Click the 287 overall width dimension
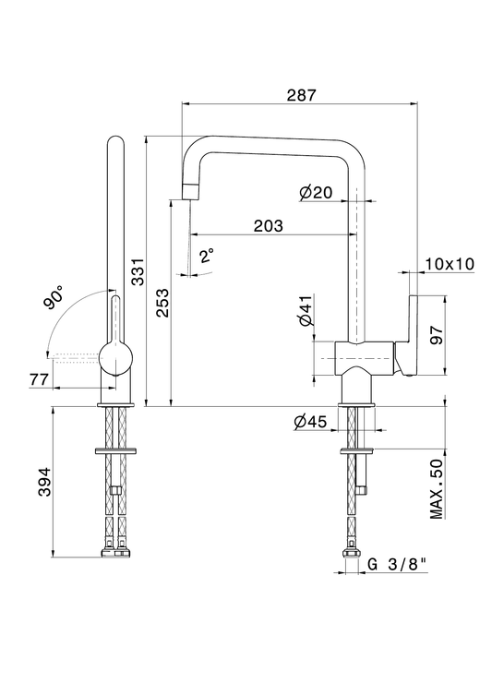coord(302,95)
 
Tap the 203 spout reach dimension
coord(269,225)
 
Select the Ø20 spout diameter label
coord(315,192)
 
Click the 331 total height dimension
coord(138,271)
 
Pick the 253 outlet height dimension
coord(162,303)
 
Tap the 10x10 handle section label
coord(450,264)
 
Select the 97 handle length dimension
coord(436,335)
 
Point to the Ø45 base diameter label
coord(310,422)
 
